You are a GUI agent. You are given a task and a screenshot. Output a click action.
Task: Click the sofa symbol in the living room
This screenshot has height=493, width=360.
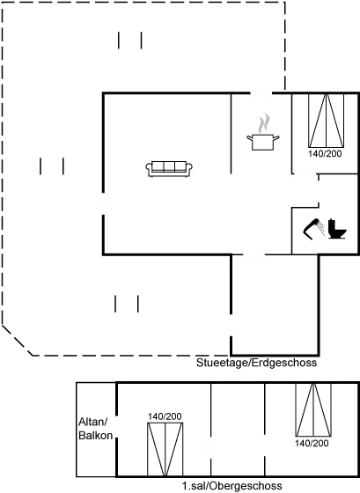pyautogui.click(x=169, y=169)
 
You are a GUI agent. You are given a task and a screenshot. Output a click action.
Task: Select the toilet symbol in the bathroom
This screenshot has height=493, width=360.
pyautogui.click(x=337, y=229)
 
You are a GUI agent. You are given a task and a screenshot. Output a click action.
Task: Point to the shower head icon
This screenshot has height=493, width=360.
pyautogui.click(x=312, y=229)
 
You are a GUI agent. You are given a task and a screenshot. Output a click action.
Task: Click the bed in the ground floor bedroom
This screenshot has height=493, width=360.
pyautogui.click(x=326, y=121)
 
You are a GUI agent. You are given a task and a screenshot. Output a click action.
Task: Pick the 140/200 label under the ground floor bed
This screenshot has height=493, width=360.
pyautogui.click(x=325, y=154)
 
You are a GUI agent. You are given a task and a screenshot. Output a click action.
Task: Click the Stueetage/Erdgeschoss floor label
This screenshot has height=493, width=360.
pyautogui.click(x=256, y=363)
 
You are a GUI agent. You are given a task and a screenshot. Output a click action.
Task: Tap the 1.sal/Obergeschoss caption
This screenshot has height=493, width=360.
pyautogui.click(x=232, y=486)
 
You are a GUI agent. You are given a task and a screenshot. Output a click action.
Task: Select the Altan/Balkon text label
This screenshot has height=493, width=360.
pyautogui.click(x=96, y=429)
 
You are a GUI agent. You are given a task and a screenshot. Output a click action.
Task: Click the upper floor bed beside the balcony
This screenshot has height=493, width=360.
pyautogui.click(x=165, y=449)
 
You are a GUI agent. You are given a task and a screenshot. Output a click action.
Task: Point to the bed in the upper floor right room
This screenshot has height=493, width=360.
pyautogui.click(x=313, y=409)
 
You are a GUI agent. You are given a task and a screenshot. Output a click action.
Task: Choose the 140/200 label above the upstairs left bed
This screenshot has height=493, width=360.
pyautogui.click(x=165, y=416)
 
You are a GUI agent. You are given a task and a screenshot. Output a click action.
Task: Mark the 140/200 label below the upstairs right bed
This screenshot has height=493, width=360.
pyautogui.click(x=312, y=444)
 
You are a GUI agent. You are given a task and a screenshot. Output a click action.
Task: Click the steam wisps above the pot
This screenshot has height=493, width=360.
pyautogui.click(x=264, y=123)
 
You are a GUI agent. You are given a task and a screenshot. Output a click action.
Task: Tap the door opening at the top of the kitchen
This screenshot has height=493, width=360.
pyautogui.click(x=261, y=93)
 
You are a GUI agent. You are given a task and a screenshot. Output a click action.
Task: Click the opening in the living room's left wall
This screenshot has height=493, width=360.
pyautogui.click(x=103, y=203)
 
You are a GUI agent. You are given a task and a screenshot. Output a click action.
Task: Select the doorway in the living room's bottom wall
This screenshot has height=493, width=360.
pyautogui.click(x=253, y=254)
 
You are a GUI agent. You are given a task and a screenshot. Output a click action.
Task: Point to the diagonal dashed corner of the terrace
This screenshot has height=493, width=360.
pyautogui.click(x=18, y=341)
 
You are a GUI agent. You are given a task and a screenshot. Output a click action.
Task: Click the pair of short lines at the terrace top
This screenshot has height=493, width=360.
pyautogui.click(x=130, y=40)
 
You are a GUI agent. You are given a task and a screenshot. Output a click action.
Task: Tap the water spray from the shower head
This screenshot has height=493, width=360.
pyautogui.click(x=321, y=228)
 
